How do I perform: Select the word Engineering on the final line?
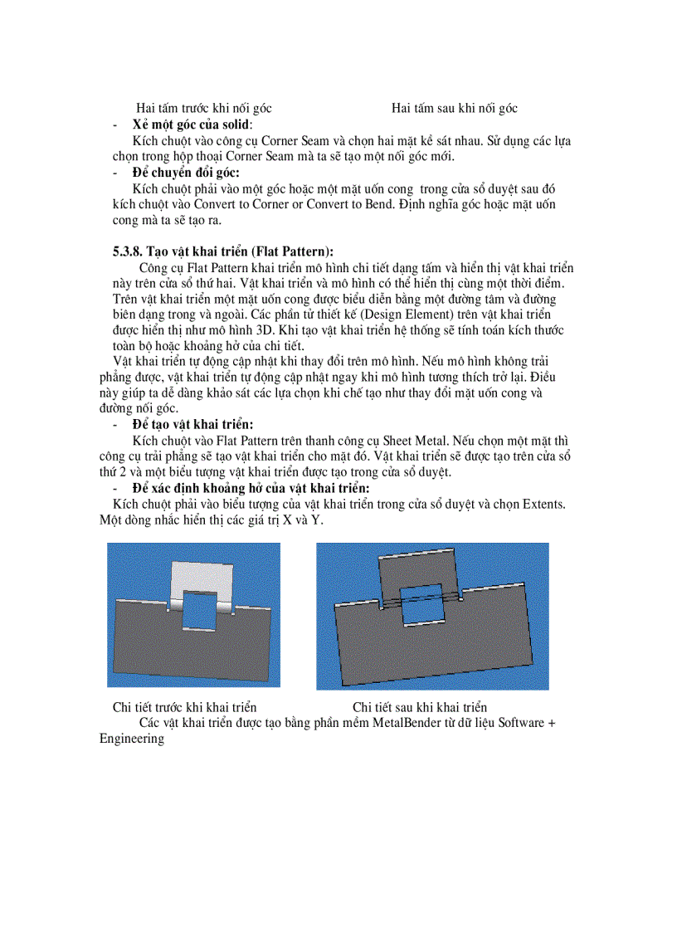click(x=131, y=738)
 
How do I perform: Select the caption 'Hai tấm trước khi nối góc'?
click(x=204, y=109)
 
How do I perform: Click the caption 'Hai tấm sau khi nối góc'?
click(x=455, y=109)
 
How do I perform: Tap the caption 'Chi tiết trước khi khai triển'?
click(x=184, y=707)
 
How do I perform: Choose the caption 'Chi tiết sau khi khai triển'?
click(x=420, y=707)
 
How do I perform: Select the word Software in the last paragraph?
click(x=523, y=723)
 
